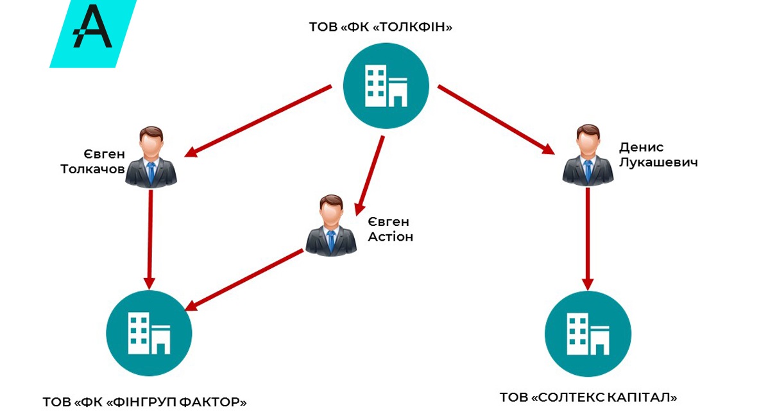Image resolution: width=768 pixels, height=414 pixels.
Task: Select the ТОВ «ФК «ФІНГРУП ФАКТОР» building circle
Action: (149, 332)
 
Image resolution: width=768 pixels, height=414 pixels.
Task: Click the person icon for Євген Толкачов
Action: (151, 158)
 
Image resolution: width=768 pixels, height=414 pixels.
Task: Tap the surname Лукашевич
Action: (658, 162)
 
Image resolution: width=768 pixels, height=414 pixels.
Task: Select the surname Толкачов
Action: (92, 169)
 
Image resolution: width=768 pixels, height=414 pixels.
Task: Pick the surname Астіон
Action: (389, 237)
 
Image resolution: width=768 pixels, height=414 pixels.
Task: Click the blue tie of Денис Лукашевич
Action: (588, 170)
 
